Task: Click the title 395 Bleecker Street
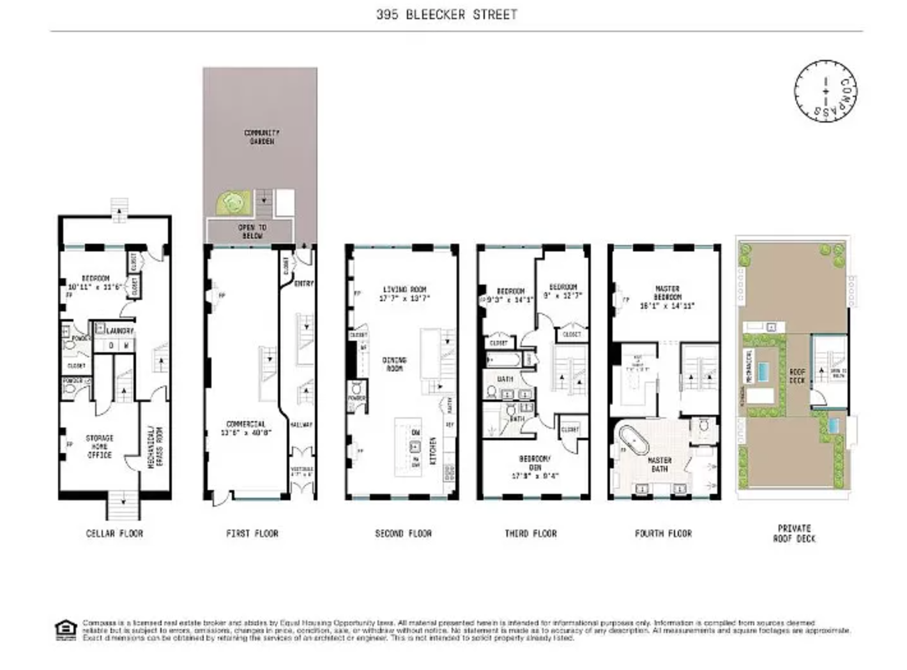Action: pyautogui.click(x=446, y=14)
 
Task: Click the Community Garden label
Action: pyautogui.click(x=262, y=137)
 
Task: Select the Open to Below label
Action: pyautogui.click(x=252, y=231)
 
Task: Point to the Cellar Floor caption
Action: pyautogui.click(x=114, y=533)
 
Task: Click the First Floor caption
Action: pyautogui.click(x=252, y=533)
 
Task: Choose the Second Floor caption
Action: pyautogui.click(x=403, y=533)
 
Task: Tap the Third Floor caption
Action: pyautogui.click(x=531, y=533)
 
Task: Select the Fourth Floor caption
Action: pyautogui.click(x=663, y=533)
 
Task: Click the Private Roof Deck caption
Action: pyautogui.click(x=794, y=533)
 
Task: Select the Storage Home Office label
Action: pyautogui.click(x=100, y=447)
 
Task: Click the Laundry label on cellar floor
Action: pyautogui.click(x=120, y=331)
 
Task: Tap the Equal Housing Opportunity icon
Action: pyautogui.click(x=65, y=629)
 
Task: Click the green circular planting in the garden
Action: pyautogui.click(x=231, y=203)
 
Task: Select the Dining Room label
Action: pyautogui.click(x=395, y=364)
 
